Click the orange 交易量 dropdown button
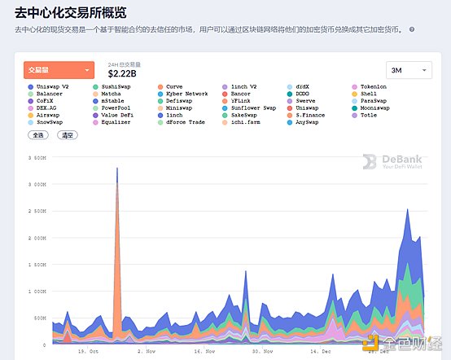point(59,70)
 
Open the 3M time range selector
point(408,71)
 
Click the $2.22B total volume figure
point(123,74)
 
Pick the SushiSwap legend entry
point(118,86)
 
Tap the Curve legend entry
point(174,86)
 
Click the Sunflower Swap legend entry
point(252,108)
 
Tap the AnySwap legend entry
point(306,122)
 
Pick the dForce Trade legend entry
point(185,122)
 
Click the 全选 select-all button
point(39,134)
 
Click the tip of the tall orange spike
point(117,169)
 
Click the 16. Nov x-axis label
point(204,351)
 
